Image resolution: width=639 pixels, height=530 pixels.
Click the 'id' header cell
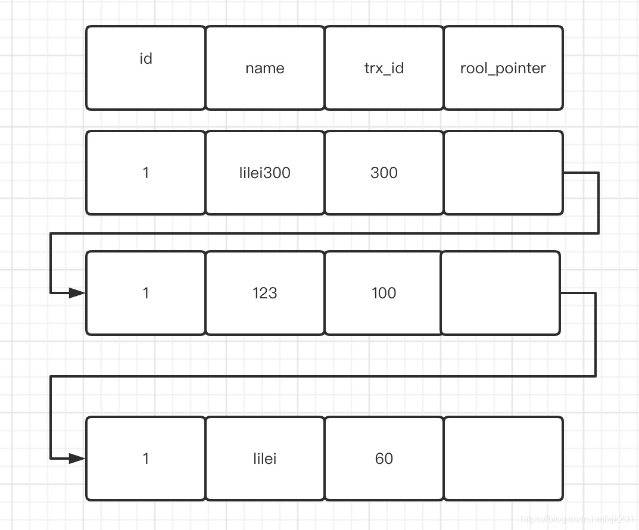coord(146,68)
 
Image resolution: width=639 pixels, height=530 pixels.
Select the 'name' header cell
coord(265,68)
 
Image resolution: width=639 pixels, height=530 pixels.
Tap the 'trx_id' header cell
coord(384,68)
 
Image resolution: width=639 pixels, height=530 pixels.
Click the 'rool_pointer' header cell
coord(503,68)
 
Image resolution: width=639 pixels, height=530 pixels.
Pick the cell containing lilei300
coord(265,173)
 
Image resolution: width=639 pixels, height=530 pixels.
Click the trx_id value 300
coord(384,173)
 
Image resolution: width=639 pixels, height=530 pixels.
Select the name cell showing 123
coord(265,293)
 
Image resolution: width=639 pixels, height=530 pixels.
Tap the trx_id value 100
coord(384,293)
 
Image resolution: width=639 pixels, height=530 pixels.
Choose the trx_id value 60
coord(384,459)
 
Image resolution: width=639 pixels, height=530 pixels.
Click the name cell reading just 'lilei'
coord(265,459)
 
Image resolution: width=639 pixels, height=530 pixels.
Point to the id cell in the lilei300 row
coord(146,173)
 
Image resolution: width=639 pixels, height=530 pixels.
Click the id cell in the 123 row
coord(146,293)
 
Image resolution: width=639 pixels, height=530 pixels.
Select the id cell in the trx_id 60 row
coord(146,459)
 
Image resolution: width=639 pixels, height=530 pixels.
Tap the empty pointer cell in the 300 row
coord(503,173)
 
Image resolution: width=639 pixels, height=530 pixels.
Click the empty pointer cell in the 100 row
coord(500,293)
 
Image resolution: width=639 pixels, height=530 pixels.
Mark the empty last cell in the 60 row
coord(503,459)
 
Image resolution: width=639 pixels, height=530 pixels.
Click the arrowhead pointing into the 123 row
coord(77,293)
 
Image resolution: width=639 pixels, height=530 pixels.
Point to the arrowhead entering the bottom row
coord(77,459)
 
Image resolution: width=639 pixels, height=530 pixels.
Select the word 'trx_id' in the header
coord(384,68)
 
